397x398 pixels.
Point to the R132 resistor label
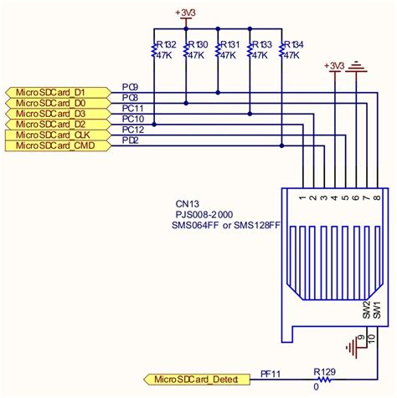pyautogui.click(x=165, y=44)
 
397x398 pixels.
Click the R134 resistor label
pyautogui.click(x=292, y=44)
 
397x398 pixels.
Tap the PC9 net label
pyautogui.click(x=131, y=86)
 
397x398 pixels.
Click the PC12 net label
pyautogui.click(x=133, y=130)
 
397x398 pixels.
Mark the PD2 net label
pyautogui.click(x=131, y=140)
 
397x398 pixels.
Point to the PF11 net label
pyautogui.click(x=271, y=374)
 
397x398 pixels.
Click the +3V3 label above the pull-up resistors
pyautogui.click(x=185, y=13)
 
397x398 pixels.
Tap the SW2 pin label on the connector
pyautogui.click(x=366, y=311)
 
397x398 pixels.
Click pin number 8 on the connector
pyautogui.click(x=377, y=199)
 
